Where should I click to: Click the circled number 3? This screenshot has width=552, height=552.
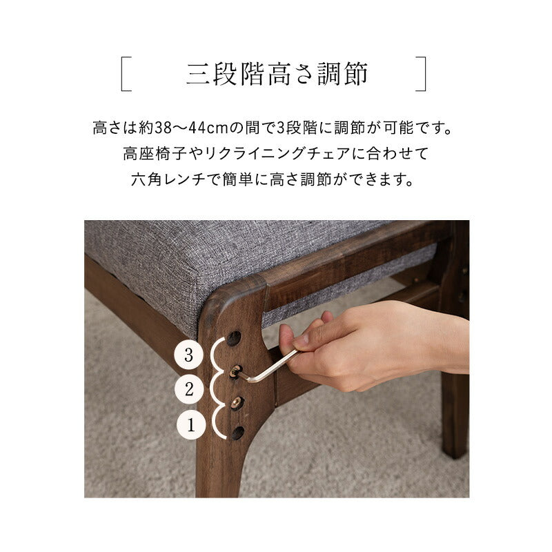click(x=188, y=356)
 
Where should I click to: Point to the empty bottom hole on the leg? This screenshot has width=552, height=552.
click(x=237, y=433)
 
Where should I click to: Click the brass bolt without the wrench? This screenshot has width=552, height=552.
click(x=237, y=402)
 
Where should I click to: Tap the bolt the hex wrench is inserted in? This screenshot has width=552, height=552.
click(x=235, y=371)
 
